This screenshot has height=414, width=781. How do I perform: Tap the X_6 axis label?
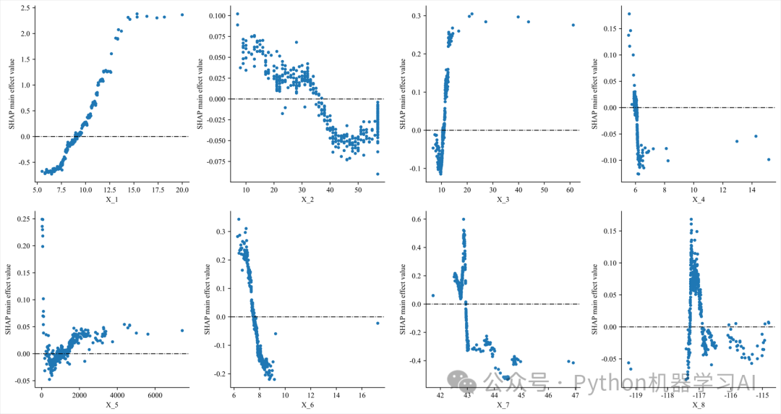click(x=307, y=404)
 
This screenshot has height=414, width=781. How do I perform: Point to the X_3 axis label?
click(x=503, y=199)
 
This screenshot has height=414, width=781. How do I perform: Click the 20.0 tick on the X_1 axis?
click(x=182, y=190)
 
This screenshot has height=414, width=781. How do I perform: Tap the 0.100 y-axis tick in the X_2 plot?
click(x=215, y=15)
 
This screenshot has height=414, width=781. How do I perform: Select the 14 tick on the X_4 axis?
click(x=752, y=190)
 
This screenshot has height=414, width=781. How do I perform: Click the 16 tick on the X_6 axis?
click(x=362, y=394)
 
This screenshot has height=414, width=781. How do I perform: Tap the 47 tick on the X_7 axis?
click(x=576, y=394)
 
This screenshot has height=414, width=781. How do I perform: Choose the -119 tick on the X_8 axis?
click(x=636, y=394)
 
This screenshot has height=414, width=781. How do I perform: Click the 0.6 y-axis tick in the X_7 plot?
click(x=418, y=219)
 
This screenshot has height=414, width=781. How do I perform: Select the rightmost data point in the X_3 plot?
click(x=573, y=25)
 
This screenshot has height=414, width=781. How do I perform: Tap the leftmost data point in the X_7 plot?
click(x=433, y=295)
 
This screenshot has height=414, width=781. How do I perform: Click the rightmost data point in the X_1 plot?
click(x=182, y=14)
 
